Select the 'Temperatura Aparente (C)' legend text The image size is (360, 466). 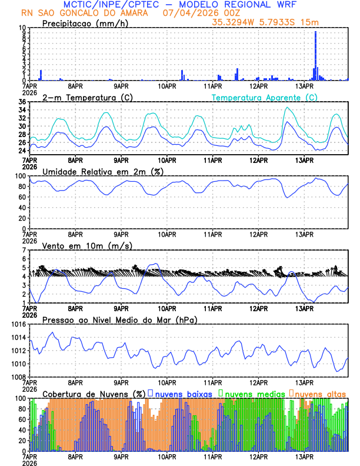pos(264,97)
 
